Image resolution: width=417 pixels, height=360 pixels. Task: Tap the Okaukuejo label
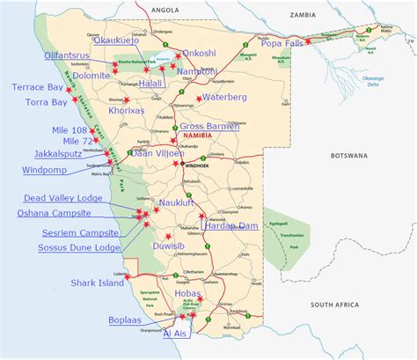point(124,41)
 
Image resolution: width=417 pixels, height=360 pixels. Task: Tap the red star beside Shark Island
point(128,277)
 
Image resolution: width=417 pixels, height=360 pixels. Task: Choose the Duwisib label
point(184,246)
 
